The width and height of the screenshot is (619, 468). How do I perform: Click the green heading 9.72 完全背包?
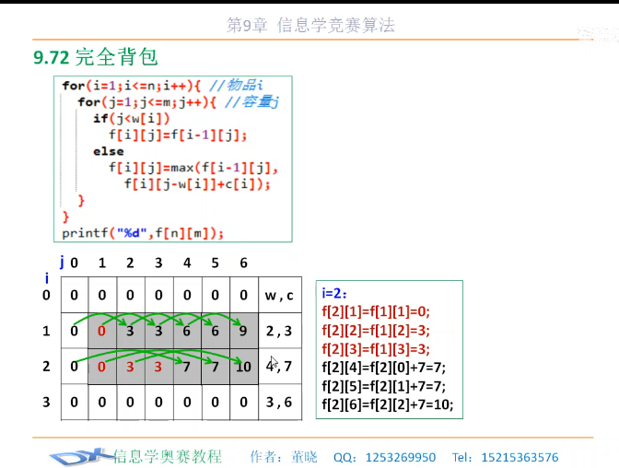(x=96, y=57)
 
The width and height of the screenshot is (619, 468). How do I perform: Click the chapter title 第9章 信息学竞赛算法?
(x=310, y=25)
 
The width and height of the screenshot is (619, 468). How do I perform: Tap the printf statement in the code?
(x=143, y=233)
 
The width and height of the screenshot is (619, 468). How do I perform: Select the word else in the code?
(x=108, y=151)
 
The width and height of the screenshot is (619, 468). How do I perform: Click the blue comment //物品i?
(x=236, y=85)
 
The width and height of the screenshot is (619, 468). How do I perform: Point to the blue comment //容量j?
(x=251, y=102)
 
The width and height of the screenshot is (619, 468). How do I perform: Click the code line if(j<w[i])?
(x=132, y=119)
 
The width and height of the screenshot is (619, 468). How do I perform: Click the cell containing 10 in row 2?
(x=244, y=367)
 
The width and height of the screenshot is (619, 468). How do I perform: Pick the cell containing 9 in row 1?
(x=244, y=331)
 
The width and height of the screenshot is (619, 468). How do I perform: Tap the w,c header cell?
(x=280, y=295)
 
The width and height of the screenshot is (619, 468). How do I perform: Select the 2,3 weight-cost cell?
(x=280, y=331)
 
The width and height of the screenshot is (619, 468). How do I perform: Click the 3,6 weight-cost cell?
(x=280, y=402)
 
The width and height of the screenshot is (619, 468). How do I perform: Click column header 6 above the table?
(x=243, y=263)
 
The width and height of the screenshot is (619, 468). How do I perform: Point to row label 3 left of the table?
(x=46, y=402)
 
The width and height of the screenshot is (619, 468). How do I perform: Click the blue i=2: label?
(x=334, y=294)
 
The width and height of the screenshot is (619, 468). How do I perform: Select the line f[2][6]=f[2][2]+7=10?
(x=388, y=404)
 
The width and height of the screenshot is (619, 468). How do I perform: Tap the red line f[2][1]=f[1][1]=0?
(x=376, y=311)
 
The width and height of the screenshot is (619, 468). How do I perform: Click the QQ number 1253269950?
(x=401, y=457)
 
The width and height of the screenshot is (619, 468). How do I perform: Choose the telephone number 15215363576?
(x=520, y=457)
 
